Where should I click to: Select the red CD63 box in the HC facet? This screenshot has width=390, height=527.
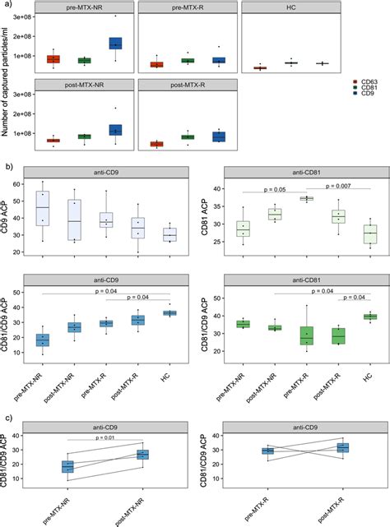tap(260, 67)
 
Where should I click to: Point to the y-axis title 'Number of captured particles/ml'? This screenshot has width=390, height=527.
tap(7, 78)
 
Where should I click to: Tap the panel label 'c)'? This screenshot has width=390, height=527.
tap(7, 415)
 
